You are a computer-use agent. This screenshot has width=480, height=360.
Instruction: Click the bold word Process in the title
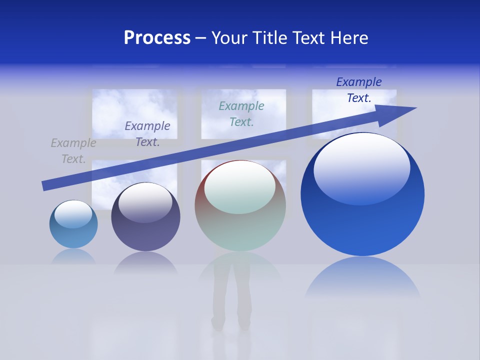click(157, 38)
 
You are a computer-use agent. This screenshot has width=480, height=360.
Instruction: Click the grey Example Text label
click(73, 151)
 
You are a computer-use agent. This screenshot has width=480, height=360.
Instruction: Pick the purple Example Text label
click(147, 134)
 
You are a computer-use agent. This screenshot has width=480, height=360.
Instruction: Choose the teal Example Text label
click(241, 113)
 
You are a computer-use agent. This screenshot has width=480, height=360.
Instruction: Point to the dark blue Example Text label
click(359, 90)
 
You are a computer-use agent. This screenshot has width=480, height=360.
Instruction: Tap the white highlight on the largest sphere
click(361, 167)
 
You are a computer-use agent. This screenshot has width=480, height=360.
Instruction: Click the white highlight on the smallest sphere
click(73, 214)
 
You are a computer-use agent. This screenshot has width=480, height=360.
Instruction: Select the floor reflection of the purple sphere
click(145, 262)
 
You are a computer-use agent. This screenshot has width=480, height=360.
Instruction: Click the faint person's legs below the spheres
click(231, 300)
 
